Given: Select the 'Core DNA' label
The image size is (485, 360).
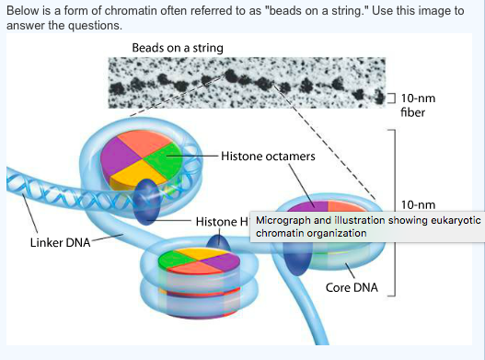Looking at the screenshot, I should pos(352,287).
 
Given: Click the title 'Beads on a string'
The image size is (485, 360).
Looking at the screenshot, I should pos(177,47).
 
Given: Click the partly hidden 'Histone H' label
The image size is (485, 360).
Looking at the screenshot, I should pos(221,222).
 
